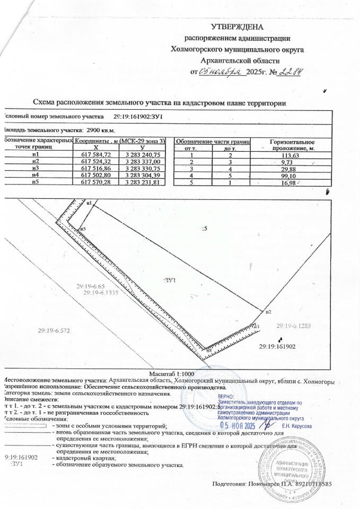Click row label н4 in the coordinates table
tap(36, 174)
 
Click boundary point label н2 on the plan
tap(268, 311)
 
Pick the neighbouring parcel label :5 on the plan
tap(205, 229)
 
